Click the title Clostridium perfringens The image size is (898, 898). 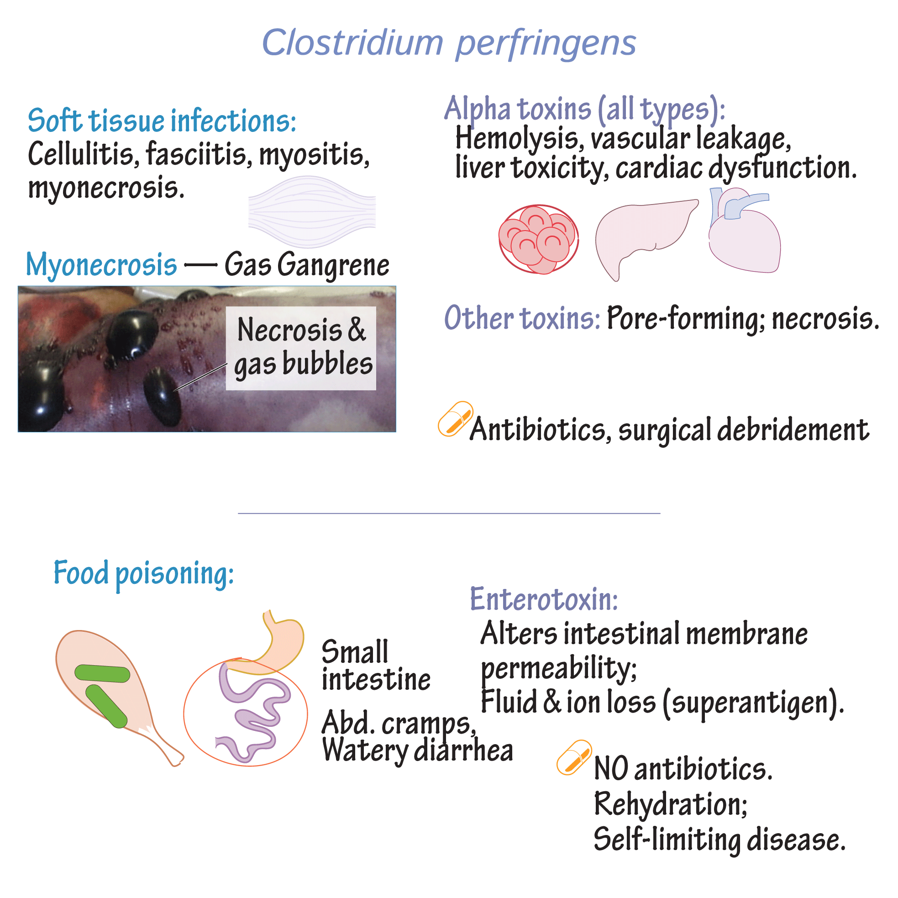point(449,43)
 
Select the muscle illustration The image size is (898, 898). point(312,211)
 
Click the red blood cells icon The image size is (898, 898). point(539,239)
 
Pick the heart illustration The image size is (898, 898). point(744,230)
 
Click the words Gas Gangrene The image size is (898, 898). point(307,265)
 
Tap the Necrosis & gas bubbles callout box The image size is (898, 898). point(301,348)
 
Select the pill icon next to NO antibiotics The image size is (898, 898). point(574,757)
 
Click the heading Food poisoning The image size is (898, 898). point(144,573)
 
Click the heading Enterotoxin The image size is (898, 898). point(544,599)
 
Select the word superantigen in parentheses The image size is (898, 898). point(753,702)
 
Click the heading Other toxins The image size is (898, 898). point(522,318)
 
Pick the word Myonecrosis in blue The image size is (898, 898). point(101,265)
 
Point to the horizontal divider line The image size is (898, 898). point(449,513)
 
